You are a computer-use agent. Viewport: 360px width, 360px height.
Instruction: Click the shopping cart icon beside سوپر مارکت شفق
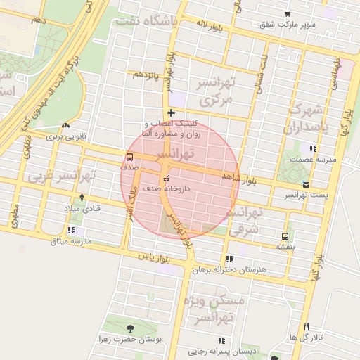[x=288, y=15]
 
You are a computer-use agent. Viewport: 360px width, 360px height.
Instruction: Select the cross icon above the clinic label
[x=171, y=112]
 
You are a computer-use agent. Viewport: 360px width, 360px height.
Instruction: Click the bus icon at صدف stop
[x=129, y=157]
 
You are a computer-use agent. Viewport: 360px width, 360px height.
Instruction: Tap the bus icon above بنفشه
[x=285, y=236]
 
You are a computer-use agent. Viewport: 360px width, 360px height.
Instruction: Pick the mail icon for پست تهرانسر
[x=306, y=184]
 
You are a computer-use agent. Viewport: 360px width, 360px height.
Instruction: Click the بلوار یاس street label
[x=155, y=257]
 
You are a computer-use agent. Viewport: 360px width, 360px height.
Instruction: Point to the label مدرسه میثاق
[x=71, y=241]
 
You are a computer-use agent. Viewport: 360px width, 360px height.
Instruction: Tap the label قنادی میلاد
[x=83, y=209]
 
